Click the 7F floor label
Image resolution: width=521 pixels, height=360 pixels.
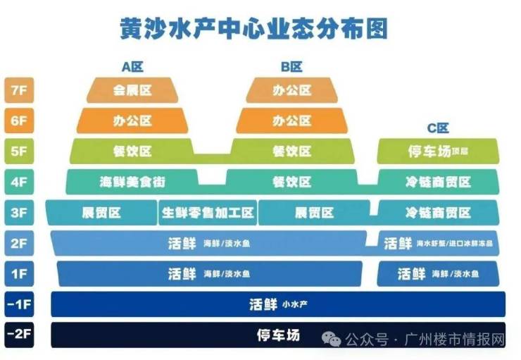tap(19, 90)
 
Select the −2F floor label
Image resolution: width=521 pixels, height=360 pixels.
tap(19, 335)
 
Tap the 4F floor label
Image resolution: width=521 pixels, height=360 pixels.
tap(19, 182)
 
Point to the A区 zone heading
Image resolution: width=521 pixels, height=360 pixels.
tap(132, 67)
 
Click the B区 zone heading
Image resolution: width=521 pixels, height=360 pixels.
tap(291, 67)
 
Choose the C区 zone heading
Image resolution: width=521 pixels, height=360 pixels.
tap(438, 128)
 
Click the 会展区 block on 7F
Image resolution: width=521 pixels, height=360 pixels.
tap(132, 90)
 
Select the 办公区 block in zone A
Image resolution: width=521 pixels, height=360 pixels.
tap(132, 120)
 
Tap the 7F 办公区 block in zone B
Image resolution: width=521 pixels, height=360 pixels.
tap(291, 90)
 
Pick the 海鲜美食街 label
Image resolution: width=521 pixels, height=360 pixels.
tap(132, 182)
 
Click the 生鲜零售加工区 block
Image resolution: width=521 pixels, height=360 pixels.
tap(208, 213)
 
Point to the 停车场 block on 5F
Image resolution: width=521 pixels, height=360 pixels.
tap(438, 151)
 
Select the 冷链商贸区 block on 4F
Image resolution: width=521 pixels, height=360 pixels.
tap(438, 182)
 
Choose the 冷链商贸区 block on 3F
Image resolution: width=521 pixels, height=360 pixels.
tap(438, 213)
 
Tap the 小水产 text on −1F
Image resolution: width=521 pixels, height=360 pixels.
tap(295, 304)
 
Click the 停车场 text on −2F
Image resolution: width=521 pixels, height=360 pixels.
tap(278, 335)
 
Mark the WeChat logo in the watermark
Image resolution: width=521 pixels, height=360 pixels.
tap(331, 339)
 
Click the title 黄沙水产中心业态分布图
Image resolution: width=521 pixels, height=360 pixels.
tap(254, 29)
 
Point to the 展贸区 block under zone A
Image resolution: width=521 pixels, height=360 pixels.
tap(101, 213)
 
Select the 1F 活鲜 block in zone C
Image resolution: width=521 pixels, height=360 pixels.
tap(438, 274)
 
